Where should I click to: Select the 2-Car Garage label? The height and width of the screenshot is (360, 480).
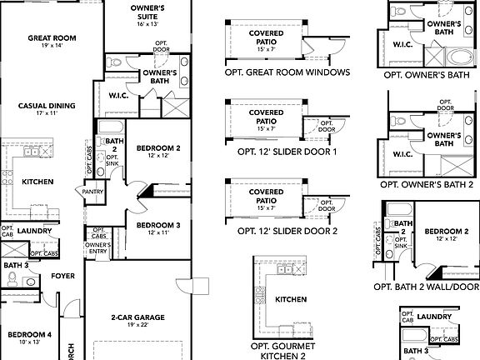click(x=138, y=317)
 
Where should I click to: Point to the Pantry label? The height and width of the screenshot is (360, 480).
click(x=92, y=192)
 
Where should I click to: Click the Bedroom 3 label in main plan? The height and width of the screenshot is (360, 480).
click(x=158, y=225)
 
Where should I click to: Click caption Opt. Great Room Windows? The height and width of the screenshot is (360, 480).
click(x=287, y=72)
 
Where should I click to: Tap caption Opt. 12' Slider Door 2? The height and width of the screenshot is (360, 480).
click(x=287, y=231)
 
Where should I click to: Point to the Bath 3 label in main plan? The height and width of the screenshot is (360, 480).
click(x=16, y=265)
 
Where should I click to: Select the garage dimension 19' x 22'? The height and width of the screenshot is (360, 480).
click(x=138, y=326)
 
